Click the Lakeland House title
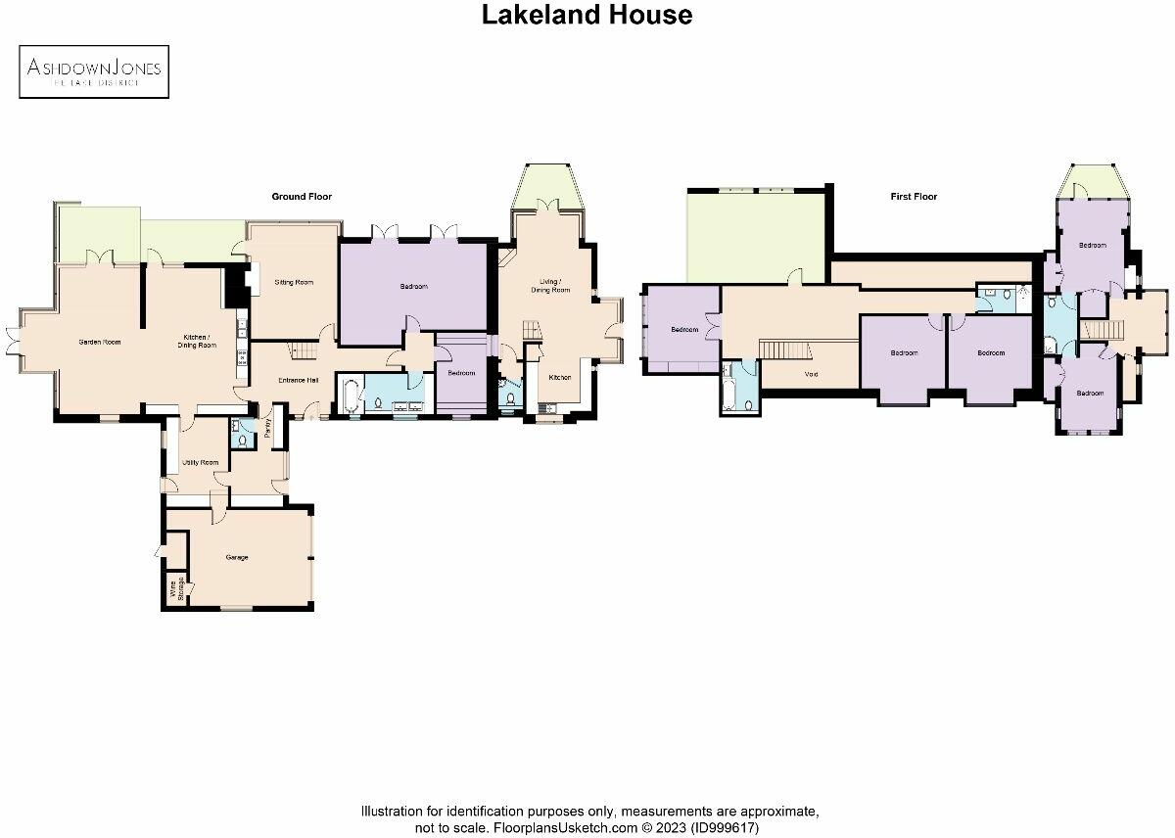point(587,15)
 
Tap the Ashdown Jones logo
point(94,71)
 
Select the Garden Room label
point(99,343)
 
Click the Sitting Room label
point(294,282)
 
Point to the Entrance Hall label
point(299,380)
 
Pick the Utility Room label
point(201,461)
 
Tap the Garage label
point(236,557)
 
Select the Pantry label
point(266,429)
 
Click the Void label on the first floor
point(811,374)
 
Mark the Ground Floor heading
point(302,197)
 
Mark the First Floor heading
point(914,197)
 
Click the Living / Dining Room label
point(550,286)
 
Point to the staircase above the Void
point(784,350)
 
